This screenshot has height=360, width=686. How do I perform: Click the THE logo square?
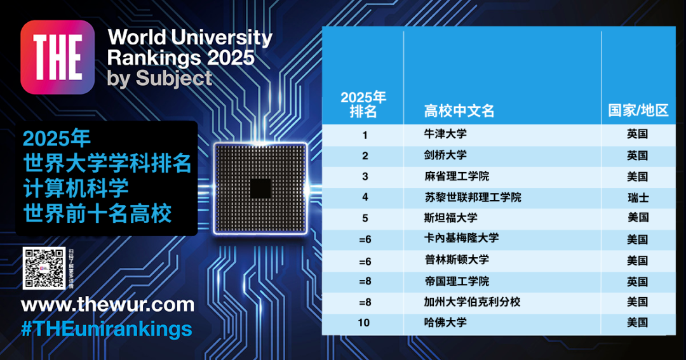(x=58, y=57)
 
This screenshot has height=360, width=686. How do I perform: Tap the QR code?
(x=44, y=268)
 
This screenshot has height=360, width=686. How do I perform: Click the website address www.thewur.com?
(x=108, y=305)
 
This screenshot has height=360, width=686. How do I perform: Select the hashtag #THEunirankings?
(x=106, y=329)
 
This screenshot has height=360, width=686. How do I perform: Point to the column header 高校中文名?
(x=459, y=110)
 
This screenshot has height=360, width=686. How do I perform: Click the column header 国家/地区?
(x=638, y=110)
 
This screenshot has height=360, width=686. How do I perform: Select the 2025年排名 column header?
(x=363, y=104)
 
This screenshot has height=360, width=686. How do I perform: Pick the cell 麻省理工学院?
(x=456, y=177)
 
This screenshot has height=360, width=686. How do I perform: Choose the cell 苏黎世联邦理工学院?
(x=473, y=197)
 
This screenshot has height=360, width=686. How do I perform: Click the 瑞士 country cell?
(x=637, y=197)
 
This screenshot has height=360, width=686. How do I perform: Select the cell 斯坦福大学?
(x=450, y=218)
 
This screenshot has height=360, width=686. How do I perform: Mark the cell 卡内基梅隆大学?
(x=461, y=239)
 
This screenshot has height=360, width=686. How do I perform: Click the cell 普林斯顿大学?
(x=456, y=260)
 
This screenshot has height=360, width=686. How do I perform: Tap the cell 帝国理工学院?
(x=456, y=281)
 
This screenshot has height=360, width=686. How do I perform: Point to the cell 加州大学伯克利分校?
(x=472, y=302)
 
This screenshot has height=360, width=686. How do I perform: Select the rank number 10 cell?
(x=363, y=323)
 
